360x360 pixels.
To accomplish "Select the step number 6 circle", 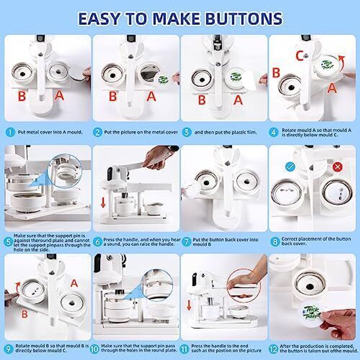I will [98, 242].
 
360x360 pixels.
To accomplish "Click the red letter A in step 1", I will [59, 96].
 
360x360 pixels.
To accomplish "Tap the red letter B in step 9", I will [24, 314].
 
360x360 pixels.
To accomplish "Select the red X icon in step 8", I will [337, 167].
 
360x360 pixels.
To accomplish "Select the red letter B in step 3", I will [202, 100].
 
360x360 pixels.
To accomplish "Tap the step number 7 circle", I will [186, 242].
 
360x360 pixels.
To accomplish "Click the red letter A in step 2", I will [152, 96].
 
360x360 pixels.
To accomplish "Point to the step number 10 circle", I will [98, 349].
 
